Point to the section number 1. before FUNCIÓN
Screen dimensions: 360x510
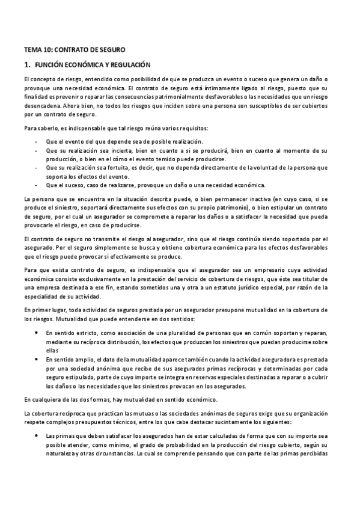[27, 64]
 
